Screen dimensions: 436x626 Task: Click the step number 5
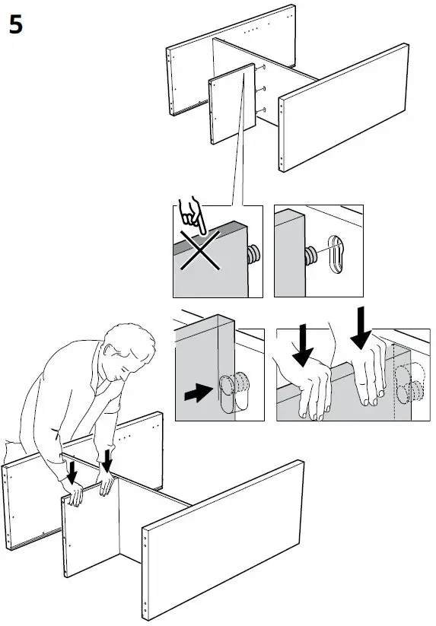coord(15,25)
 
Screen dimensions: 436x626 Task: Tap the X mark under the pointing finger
coord(199,250)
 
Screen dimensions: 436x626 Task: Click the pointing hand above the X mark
coord(192,214)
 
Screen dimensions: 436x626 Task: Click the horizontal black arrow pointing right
coord(199,392)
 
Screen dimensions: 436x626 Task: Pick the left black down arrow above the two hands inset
coord(303,345)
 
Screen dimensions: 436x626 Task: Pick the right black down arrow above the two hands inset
coord(361,327)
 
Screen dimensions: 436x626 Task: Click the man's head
coord(129,348)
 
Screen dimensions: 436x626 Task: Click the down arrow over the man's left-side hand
coord(72,472)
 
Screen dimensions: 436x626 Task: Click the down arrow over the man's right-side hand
coord(107,460)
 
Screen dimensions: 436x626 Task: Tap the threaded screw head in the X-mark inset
coord(254,254)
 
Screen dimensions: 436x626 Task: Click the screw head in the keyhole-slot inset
coord(310,256)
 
